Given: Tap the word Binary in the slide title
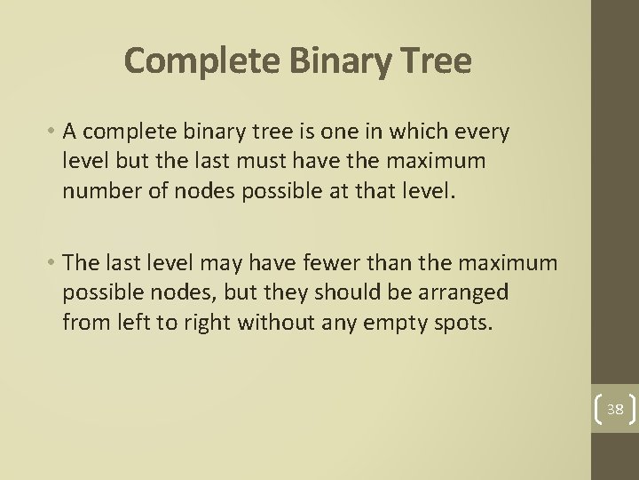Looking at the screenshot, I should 322,60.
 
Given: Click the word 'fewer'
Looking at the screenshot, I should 321,264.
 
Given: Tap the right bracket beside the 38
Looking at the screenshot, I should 630,409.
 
